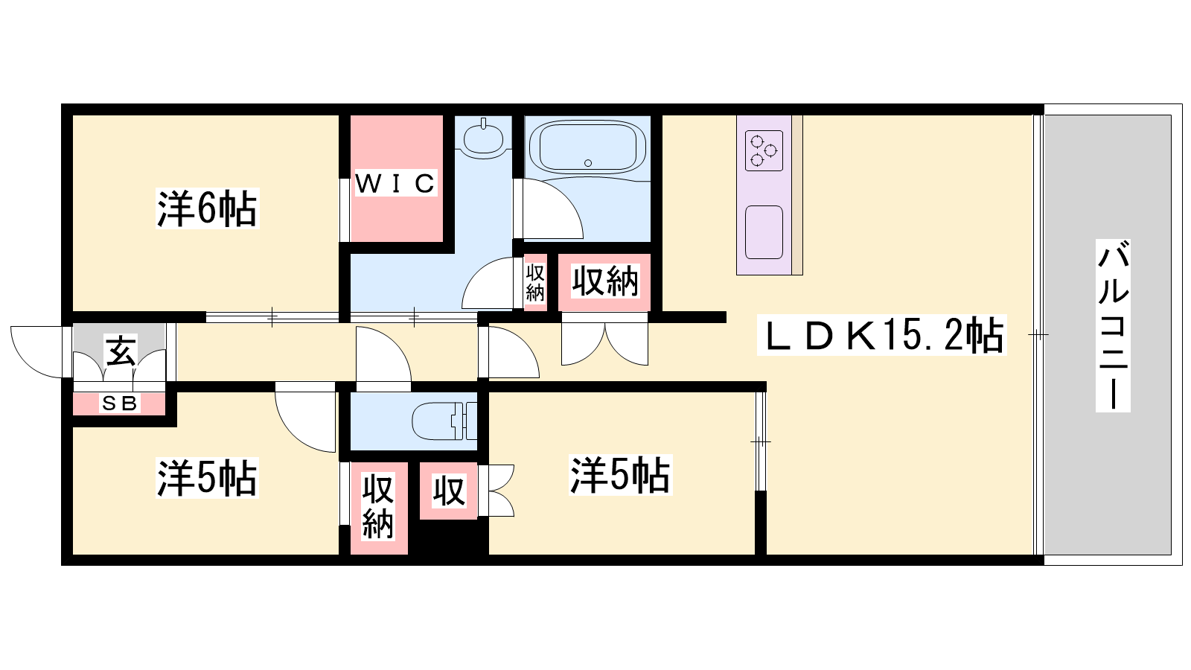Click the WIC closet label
pyautogui.click(x=395, y=183)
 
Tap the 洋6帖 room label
pyautogui.click(x=208, y=208)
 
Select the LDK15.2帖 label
pyautogui.click(x=881, y=335)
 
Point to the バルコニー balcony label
pyautogui.click(x=1113, y=325)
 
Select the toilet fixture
pyautogui.click(x=444, y=421)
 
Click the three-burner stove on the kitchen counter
pyautogui.click(x=764, y=150)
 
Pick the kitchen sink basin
pyautogui.click(x=764, y=232)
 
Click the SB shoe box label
pyautogui.click(x=120, y=403)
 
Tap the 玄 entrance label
pyautogui.click(x=121, y=350)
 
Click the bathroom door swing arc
pyautogui.click(x=553, y=209)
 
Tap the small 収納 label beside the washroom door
pyautogui.click(x=535, y=282)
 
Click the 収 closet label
pyautogui.click(x=449, y=491)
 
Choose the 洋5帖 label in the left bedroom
pyautogui.click(x=207, y=477)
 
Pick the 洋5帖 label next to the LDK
pyautogui.click(x=621, y=475)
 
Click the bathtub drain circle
pyautogui.click(x=587, y=163)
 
